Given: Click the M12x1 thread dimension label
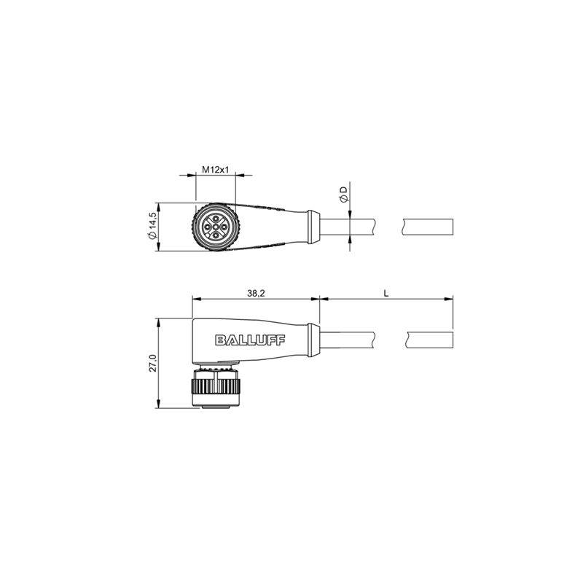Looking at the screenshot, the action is (215, 170).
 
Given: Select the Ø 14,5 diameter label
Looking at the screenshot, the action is (152, 226).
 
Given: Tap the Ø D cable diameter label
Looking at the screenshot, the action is (344, 195).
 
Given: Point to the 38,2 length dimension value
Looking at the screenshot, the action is (256, 294).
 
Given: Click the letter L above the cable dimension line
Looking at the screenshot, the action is (386, 294).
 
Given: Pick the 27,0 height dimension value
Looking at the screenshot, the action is (153, 363).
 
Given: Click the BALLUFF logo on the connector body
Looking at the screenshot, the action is (250, 340).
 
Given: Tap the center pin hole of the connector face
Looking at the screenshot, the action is (216, 227).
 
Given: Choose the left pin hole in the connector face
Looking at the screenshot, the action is (207, 227).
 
